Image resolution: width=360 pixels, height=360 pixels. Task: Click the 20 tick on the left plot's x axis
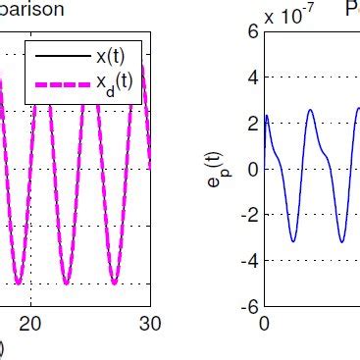coord(32,324)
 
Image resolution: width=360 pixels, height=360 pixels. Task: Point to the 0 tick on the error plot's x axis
coord(264,324)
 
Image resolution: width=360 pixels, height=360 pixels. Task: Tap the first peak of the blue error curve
coord(268,116)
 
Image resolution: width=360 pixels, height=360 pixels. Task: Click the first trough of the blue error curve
coord(292,241)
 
